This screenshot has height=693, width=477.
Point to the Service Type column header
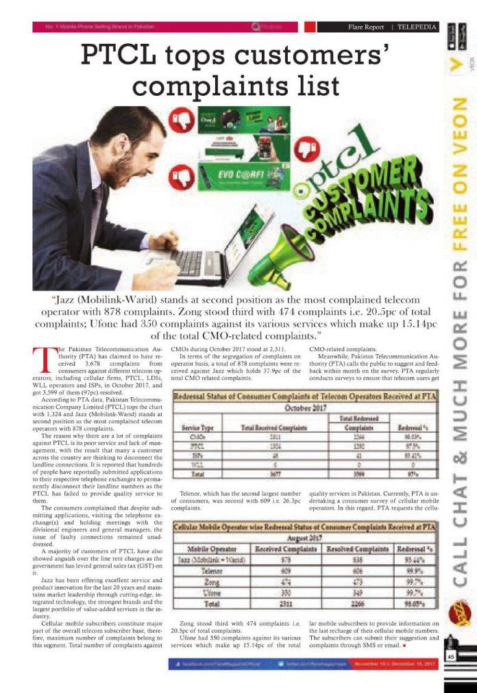[199, 427]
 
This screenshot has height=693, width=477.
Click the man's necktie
[98, 205]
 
